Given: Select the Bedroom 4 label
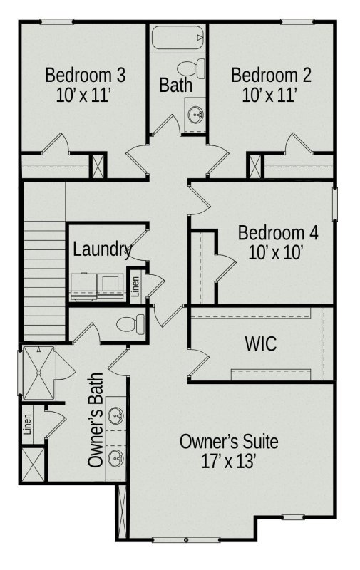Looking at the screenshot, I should [278, 233].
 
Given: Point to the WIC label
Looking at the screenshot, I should [260, 344].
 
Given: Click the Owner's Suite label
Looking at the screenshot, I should [229, 442].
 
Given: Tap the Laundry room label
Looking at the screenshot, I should [102, 250].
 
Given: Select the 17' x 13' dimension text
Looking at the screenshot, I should [229, 461].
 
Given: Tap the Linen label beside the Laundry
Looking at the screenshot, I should [135, 285].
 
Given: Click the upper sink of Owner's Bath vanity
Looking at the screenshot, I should [115, 415].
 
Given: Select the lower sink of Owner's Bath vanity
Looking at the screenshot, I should [115, 457].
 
